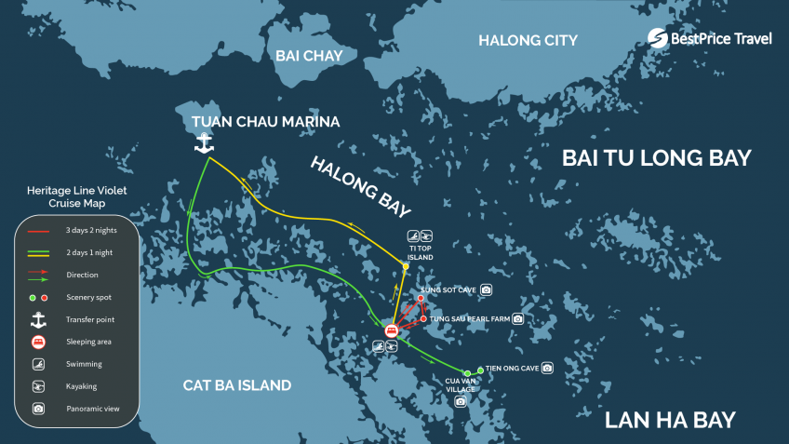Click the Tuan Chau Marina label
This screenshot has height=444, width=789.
click(265, 122)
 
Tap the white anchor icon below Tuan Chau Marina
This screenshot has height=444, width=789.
click(203, 142)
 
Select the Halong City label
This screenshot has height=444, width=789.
click(528, 40)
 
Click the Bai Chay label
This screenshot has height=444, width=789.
click(309, 56)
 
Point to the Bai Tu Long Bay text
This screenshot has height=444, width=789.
click(656, 158)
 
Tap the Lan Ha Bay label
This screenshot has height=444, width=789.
click(670, 420)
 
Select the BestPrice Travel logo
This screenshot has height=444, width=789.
click(710, 38)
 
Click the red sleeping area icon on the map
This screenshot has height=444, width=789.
click(392, 330)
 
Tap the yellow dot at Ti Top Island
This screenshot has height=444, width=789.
click(406, 266)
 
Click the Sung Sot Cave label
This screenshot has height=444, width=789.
click(448, 290)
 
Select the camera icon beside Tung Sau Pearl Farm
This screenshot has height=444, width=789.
click(518, 318)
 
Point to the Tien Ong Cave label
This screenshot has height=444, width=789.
click(512, 369)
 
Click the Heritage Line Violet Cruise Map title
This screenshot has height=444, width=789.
click(76, 196)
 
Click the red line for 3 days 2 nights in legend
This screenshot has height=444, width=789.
click(38, 230)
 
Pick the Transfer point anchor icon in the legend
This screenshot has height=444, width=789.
click(38, 319)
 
